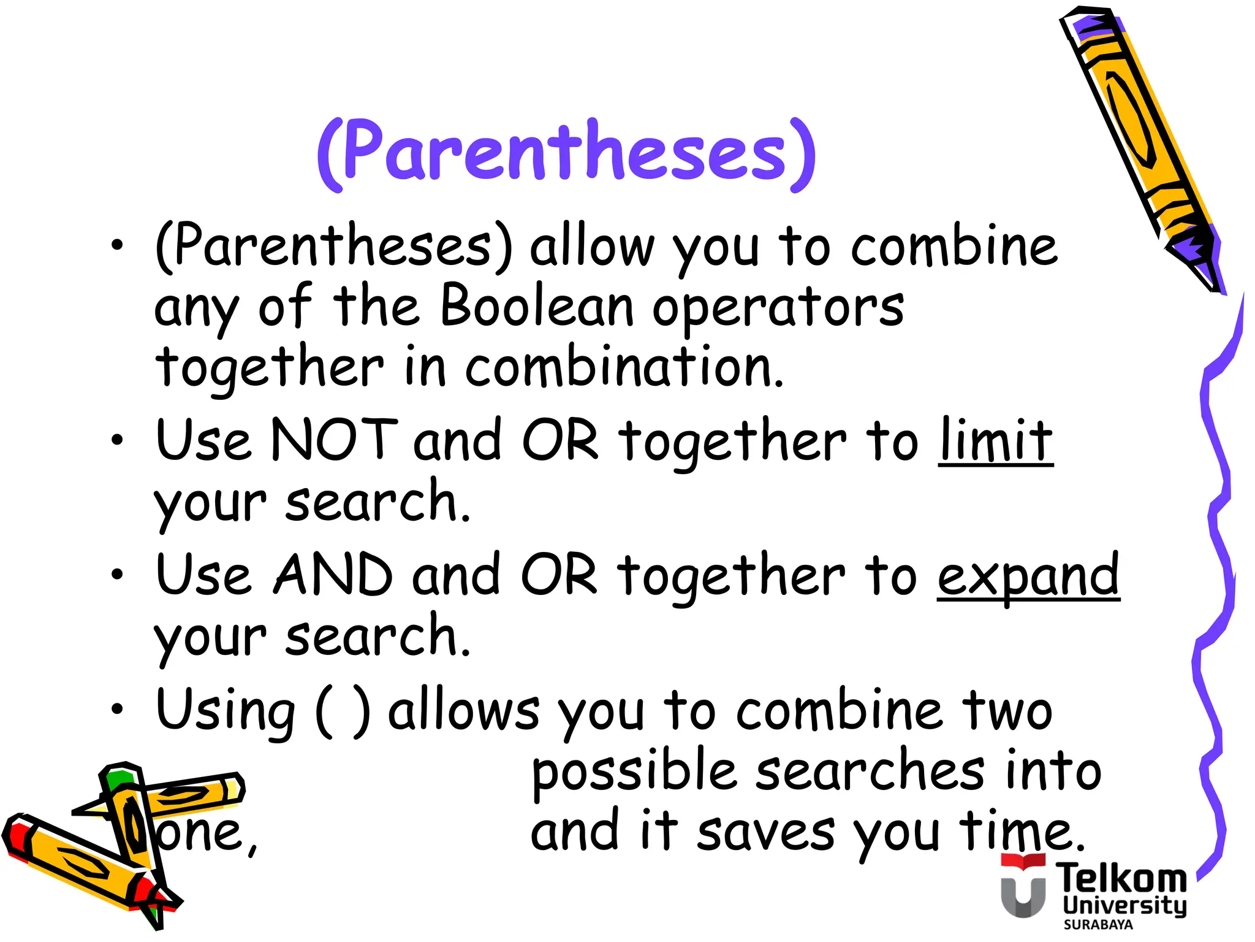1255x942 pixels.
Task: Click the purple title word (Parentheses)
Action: pyautogui.click(x=566, y=153)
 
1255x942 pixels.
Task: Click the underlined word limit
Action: pyautogui.click(x=995, y=440)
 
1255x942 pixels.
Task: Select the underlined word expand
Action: pyautogui.click(x=1028, y=575)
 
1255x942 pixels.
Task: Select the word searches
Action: pyautogui.click(x=870, y=771)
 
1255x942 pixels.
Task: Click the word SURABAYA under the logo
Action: pyautogui.click(x=1098, y=925)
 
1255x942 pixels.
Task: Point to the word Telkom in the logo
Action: pyautogui.click(x=1121, y=878)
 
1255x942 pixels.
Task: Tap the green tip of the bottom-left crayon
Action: pyautogui.click(x=118, y=779)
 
